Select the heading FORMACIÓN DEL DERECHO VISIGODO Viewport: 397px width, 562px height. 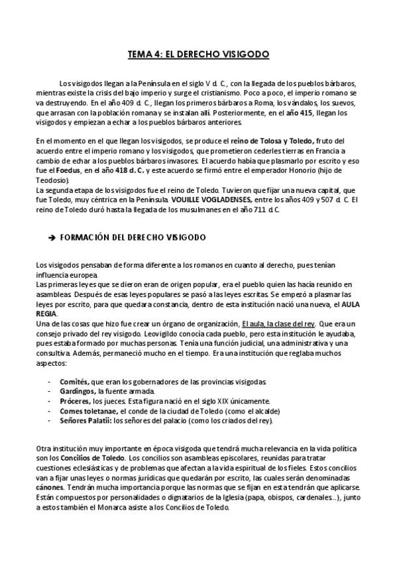click(x=133, y=237)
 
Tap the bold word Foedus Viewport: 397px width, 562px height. click(x=58, y=170)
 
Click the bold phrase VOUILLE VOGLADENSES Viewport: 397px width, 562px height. click(x=210, y=199)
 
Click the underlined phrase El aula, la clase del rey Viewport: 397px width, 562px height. click(x=278, y=323)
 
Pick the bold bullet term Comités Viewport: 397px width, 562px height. click(x=73, y=382)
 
